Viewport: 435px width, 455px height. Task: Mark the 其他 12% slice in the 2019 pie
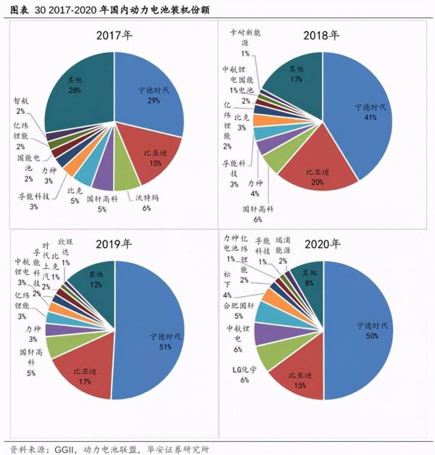point(94,280)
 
